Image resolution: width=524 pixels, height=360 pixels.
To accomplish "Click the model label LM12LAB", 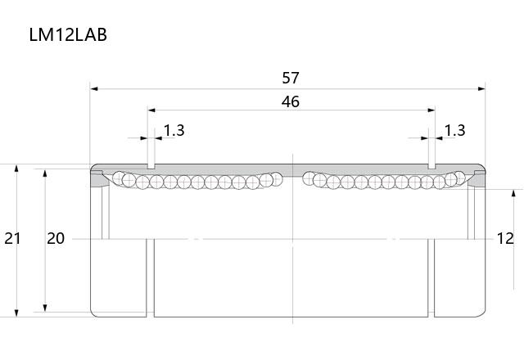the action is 68,34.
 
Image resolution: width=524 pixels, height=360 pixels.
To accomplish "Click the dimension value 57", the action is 291,78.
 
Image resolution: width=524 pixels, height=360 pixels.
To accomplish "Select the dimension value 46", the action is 291,101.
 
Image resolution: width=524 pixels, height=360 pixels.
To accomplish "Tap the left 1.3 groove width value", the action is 174,130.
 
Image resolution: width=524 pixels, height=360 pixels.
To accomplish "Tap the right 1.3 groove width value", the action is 455,130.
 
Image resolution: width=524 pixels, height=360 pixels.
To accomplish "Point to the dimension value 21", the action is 12,238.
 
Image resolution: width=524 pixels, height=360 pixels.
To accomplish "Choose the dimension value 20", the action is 56,238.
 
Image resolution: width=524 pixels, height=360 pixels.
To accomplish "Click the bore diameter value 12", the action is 505,238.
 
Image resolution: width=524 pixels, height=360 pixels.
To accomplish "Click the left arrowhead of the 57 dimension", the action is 94,89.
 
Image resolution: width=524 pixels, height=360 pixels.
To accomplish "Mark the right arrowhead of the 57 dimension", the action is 481,89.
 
